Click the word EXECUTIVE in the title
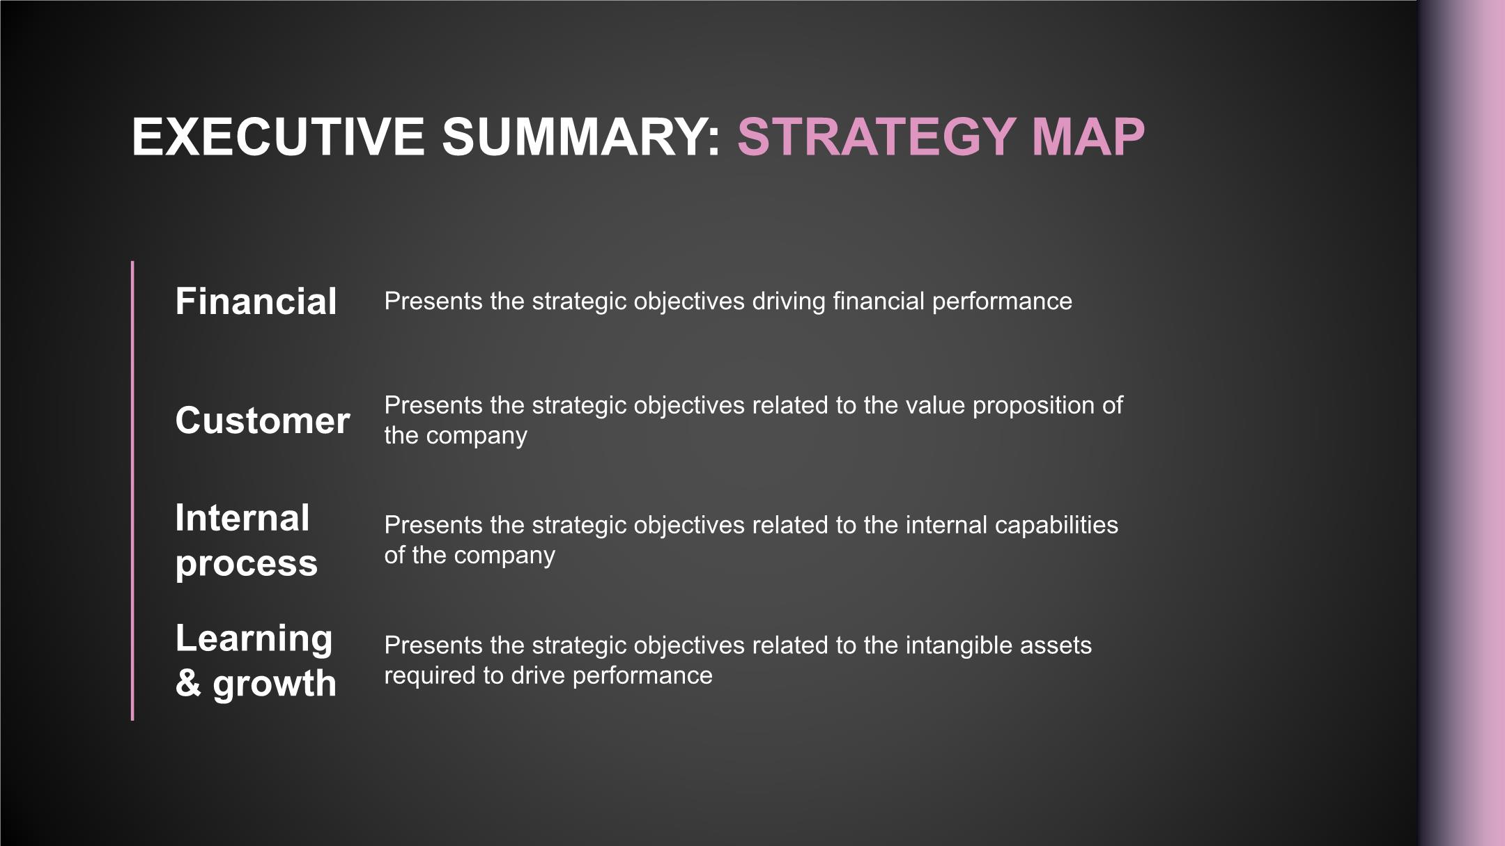[278, 136]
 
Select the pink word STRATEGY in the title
[877, 136]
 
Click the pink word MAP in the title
[1088, 136]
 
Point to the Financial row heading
[256, 301]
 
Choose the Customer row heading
[263, 421]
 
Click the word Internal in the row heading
[242, 518]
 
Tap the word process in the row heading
[247, 564]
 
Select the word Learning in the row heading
[254, 639]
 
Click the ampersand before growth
[188, 683]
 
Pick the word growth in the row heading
[275, 684]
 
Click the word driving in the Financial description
[789, 301]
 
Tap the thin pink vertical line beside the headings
[132, 491]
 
